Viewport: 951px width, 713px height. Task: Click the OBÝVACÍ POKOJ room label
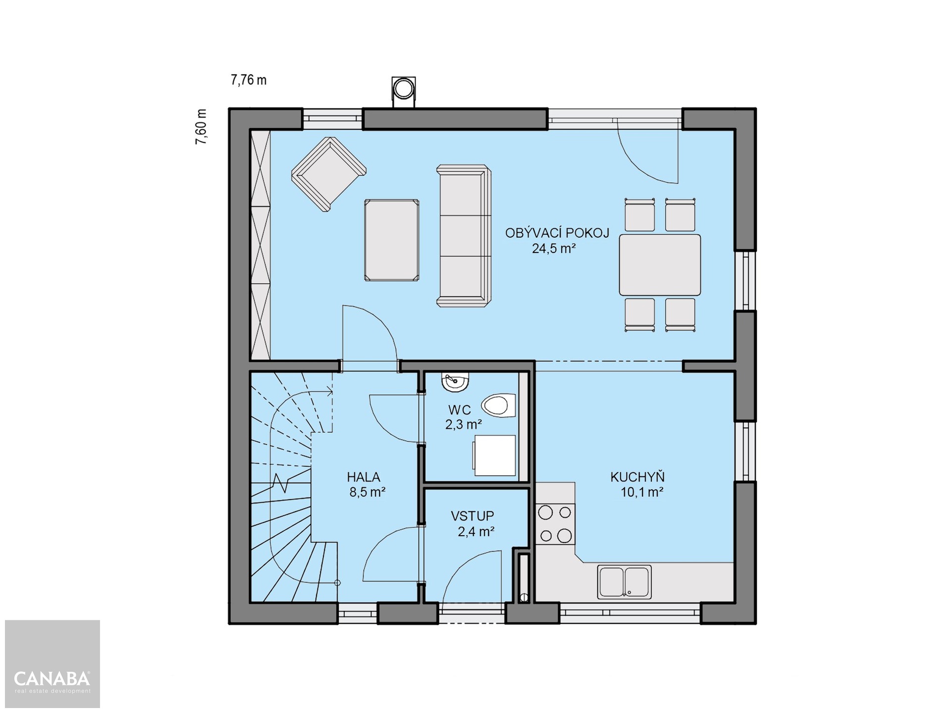click(x=557, y=233)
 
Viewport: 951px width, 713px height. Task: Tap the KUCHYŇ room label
click(x=637, y=477)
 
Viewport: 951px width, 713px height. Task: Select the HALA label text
click(x=364, y=477)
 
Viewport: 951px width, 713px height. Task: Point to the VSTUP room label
click(x=473, y=516)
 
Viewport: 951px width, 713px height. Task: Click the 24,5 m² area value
click(x=554, y=249)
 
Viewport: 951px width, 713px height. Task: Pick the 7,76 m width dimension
click(x=249, y=80)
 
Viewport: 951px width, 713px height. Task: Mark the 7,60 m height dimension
click(x=201, y=127)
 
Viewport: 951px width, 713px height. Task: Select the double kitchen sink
click(x=624, y=582)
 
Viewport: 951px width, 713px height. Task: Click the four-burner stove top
click(x=555, y=523)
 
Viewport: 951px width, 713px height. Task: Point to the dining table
click(x=660, y=265)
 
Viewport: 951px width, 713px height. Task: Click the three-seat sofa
click(x=464, y=236)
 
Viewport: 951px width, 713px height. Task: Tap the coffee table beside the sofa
click(x=391, y=240)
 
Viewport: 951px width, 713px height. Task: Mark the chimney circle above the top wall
click(x=403, y=90)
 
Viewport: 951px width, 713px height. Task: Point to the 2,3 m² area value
click(x=464, y=424)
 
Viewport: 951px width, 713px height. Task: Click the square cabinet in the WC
click(x=495, y=456)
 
